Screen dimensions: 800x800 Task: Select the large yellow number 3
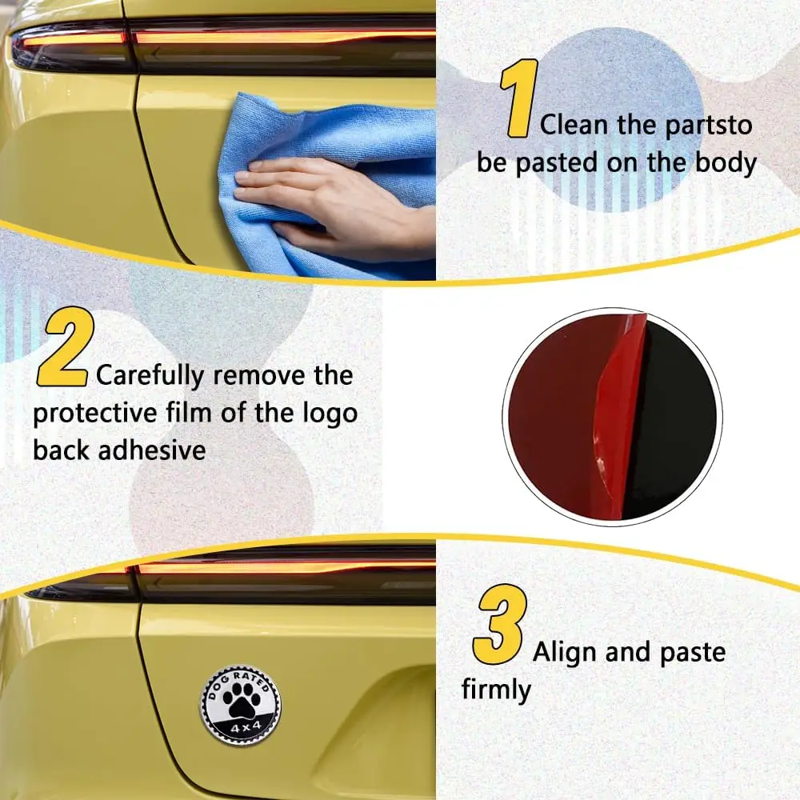coord(500,624)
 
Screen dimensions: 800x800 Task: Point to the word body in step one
coord(726,163)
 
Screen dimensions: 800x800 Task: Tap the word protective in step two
coord(95,414)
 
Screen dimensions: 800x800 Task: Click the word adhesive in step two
coord(152,450)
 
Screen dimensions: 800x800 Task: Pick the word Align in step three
coord(564,653)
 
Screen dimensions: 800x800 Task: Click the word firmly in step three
coord(496,690)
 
